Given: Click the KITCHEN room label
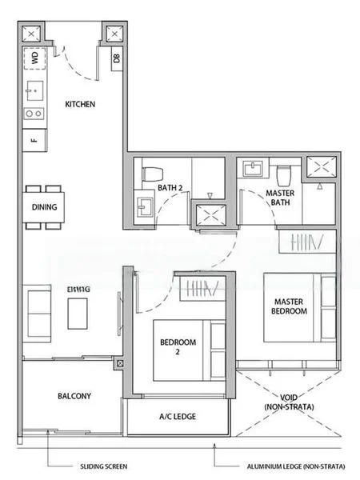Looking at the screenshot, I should click(x=80, y=105).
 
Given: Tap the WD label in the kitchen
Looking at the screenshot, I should click(x=34, y=58).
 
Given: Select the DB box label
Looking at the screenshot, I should click(x=117, y=58).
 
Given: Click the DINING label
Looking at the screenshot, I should click(x=44, y=205).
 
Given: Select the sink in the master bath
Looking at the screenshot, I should click(x=255, y=169).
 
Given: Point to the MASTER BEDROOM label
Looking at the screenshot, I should click(x=289, y=306).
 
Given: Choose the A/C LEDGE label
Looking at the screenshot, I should click(x=177, y=416).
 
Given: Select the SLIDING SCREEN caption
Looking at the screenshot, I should click(x=102, y=464).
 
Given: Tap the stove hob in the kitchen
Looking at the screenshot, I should click(x=34, y=114).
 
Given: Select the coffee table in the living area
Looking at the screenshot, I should click(x=77, y=310).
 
